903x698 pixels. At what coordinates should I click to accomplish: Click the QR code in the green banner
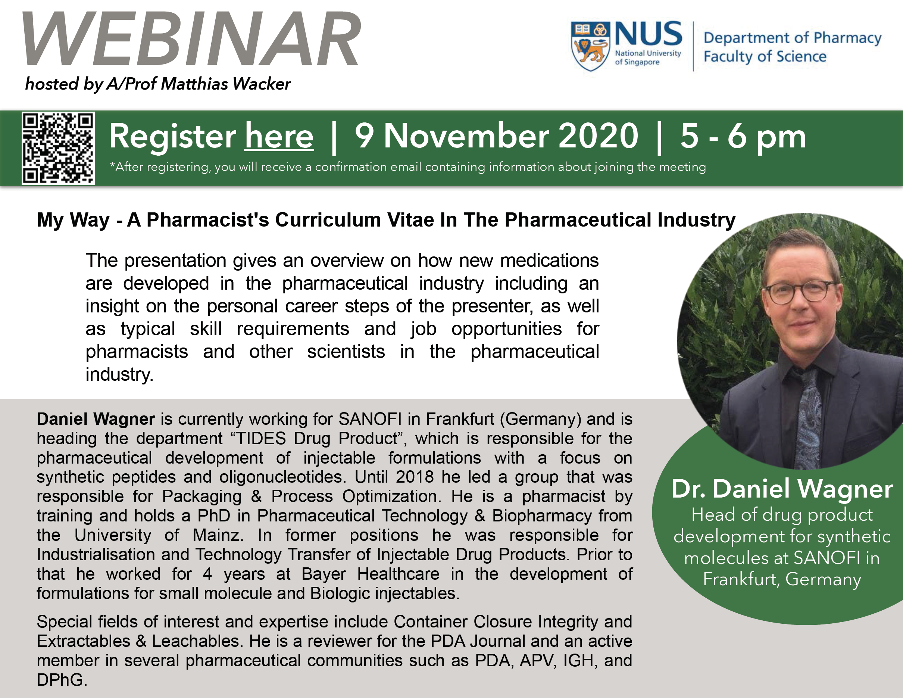point(58,148)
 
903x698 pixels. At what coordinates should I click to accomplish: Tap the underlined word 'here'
point(279,137)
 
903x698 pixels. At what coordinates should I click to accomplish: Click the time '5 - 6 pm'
point(743,137)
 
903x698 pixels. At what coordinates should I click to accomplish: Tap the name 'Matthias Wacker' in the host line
point(225,84)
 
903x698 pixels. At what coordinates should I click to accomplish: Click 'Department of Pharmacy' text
point(792,38)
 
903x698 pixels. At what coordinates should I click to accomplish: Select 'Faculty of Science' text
point(765,57)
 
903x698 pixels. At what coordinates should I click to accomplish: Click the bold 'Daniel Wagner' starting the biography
point(96,419)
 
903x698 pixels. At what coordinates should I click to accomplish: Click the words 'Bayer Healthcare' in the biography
point(371,574)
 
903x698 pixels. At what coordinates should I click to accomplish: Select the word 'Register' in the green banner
point(172,137)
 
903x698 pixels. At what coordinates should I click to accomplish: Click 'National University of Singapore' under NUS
point(647,57)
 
